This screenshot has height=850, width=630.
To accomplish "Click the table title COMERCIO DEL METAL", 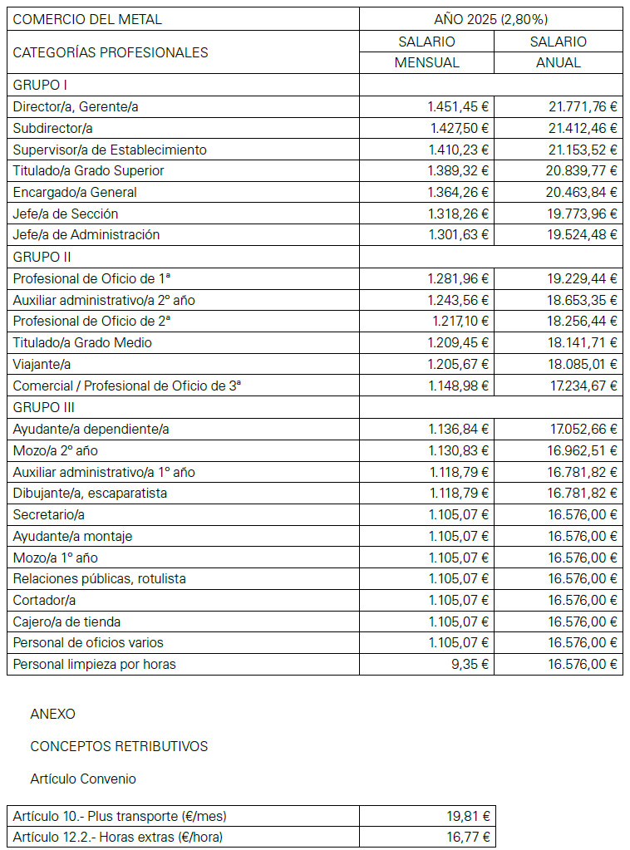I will [x=88, y=19].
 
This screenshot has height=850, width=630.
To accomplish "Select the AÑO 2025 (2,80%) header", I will [x=491, y=19].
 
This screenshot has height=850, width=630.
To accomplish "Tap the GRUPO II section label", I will [x=42, y=257].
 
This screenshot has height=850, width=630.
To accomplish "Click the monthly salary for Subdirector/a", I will [x=459, y=128].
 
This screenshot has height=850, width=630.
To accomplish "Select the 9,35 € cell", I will [x=470, y=664].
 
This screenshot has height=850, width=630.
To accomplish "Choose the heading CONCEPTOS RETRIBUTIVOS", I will [x=119, y=746].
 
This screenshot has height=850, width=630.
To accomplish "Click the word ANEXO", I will [x=52, y=714].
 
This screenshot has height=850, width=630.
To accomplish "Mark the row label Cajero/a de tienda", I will [x=67, y=622].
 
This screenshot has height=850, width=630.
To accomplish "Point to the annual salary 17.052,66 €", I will [x=583, y=429].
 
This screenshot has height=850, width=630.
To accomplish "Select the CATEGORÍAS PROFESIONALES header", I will [x=111, y=52].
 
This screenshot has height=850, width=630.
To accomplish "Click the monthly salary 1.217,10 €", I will [x=460, y=321].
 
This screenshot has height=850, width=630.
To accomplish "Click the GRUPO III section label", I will [x=44, y=407].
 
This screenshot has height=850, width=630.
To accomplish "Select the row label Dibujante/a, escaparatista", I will [x=90, y=493].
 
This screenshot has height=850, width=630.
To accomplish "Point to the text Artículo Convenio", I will [x=83, y=779].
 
